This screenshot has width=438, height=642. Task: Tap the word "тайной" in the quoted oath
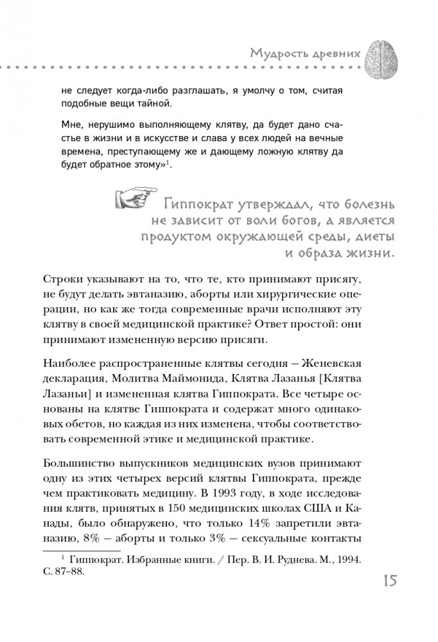(x=153, y=103)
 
